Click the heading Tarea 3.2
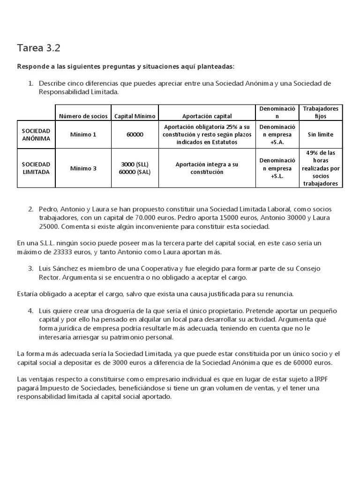(39, 48)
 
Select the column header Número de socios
(83, 116)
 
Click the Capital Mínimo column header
(135, 116)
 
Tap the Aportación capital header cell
(207, 116)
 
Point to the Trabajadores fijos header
(321, 112)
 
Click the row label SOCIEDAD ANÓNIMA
(36, 135)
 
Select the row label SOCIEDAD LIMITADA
(36, 168)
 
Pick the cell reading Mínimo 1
(83, 135)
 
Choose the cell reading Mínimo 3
(83, 168)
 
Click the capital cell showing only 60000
(135, 135)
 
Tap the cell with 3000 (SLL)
(135, 165)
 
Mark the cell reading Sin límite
(321, 135)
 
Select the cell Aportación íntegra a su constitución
(207, 168)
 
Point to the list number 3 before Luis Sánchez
(30, 268)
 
